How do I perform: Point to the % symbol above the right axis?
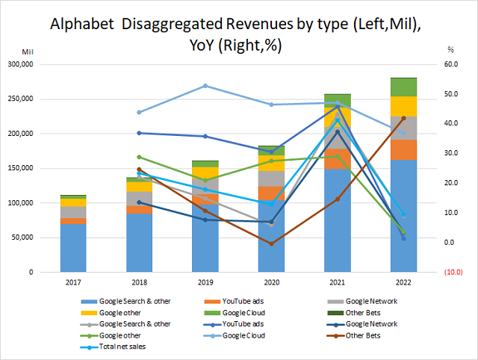point(450,49)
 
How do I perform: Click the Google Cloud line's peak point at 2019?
point(205,86)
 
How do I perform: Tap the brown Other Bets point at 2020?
point(271,243)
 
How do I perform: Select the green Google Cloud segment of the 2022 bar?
point(404,87)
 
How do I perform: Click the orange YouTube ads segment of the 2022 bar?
point(404,149)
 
